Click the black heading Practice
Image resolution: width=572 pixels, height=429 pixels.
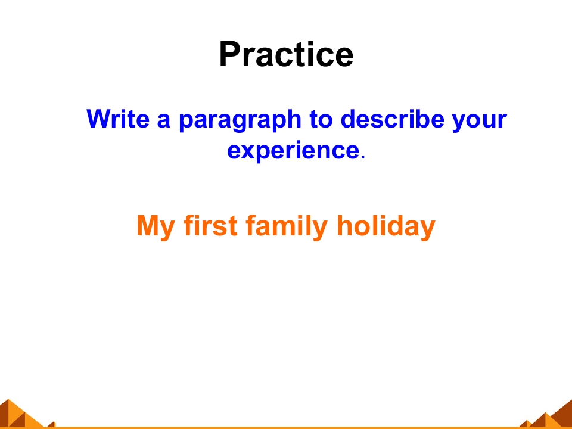[x=286, y=54]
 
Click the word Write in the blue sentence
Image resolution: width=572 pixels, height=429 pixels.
[x=118, y=119]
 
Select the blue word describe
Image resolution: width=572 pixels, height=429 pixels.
[x=392, y=119]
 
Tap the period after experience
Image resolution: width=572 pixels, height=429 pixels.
[x=362, y=157]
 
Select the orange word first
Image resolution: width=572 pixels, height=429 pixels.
[x=211, y=225]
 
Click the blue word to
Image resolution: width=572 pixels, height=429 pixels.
[x=321, y=119]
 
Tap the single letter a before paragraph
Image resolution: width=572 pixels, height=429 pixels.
[x=164, y=121]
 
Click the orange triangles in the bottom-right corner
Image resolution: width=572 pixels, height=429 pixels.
[x=546, y=415]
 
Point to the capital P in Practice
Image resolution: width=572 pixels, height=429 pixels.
[x=229, y=54]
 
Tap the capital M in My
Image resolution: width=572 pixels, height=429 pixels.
[x=148, y=226]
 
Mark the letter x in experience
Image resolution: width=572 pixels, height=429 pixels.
[x=246, y=151]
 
